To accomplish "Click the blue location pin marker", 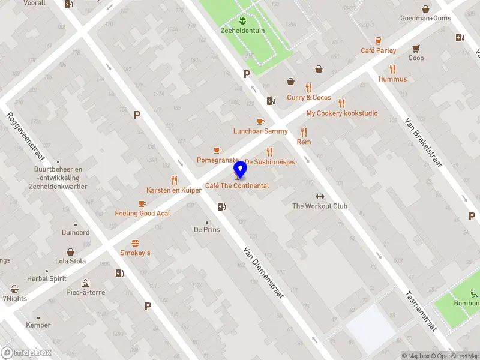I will (240, 170).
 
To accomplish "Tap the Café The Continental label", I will (237, 186).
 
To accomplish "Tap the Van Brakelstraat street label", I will (424, 142).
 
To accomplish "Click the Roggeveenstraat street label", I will (26, 137).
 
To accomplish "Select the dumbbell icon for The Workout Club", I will (320, 196).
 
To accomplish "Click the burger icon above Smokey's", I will (136, 243).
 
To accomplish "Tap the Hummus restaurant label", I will (392, 79).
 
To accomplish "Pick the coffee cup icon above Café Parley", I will (379, 41).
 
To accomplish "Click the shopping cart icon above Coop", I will (415, 49).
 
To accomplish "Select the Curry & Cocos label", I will (308, 98).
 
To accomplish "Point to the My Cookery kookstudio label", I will (342, 113).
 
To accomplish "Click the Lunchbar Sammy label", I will (260, 131).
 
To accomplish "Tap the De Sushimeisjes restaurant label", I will (270, 163).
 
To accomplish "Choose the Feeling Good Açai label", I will (142, 214).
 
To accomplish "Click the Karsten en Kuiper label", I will (174, 190).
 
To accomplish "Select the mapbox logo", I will (26, 353).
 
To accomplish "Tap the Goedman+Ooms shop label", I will (425, 18).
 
